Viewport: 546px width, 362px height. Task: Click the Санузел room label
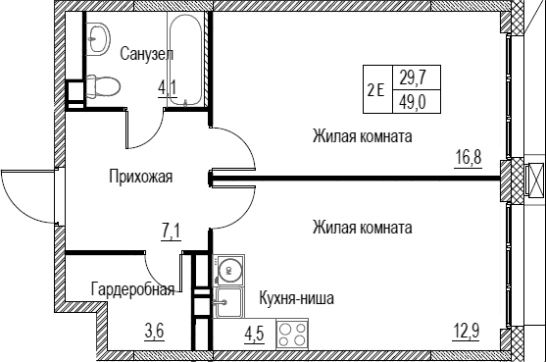pos(147,54)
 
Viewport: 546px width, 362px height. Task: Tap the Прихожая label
pos(141,177)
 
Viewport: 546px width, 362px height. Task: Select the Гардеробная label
pos(132,289)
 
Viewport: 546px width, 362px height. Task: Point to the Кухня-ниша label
pos(296,298)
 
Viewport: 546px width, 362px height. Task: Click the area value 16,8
pos(469,158)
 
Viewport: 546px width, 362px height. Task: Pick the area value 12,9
pos(467,331)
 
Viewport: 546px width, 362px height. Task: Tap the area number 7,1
pos(171,233)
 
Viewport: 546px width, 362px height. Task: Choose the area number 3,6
pos(154,331)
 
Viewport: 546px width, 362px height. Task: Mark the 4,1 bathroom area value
pos(168,88)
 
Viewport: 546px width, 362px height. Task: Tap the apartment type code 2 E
pos(376,90)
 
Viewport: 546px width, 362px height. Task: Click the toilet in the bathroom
pos(103,85)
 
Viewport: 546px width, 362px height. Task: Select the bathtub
pos(184,59)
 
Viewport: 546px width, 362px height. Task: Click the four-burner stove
pos(292,334)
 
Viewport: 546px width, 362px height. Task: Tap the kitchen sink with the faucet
pos(229,302)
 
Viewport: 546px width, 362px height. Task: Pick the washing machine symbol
pos(228,270)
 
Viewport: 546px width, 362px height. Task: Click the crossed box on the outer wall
pos(534,179)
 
